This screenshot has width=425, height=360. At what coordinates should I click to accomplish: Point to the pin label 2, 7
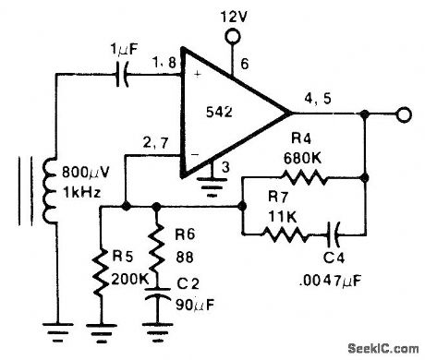[x=154, y=143]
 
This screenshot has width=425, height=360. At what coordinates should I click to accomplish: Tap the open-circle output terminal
[x=403, y=114]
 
